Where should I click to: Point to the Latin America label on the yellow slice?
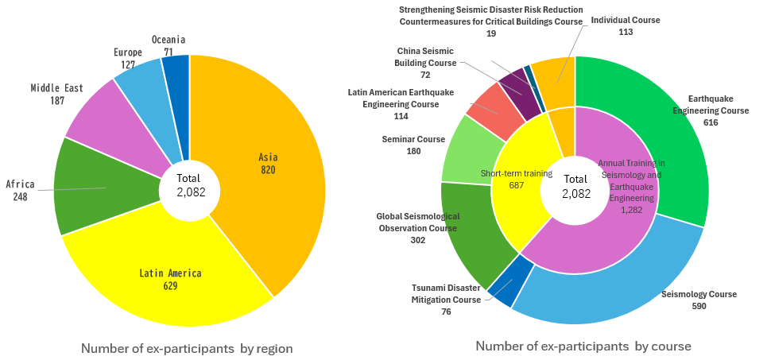[x=170, y=273]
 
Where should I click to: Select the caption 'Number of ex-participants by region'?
[x=187, y=348]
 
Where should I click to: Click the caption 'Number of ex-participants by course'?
[x=583, y=346]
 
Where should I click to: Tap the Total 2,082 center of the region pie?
[x=188, y=185]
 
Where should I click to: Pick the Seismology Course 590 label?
[x=699, y=300]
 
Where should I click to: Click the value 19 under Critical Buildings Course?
[x=491, y=34]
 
